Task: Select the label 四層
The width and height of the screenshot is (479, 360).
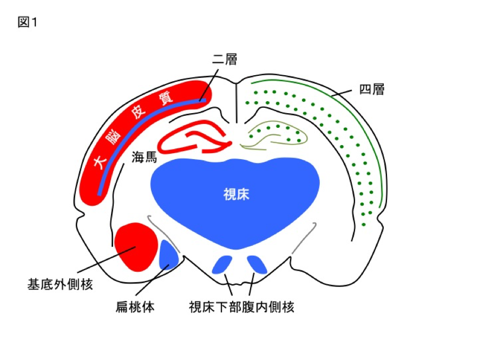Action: coord(372,89)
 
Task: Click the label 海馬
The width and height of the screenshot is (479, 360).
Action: coord(146,158)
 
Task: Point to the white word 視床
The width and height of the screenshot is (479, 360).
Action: coord(236,194)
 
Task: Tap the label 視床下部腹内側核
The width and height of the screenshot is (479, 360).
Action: coord(241,307)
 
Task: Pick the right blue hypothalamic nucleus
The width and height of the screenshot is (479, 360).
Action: coord(257,264)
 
